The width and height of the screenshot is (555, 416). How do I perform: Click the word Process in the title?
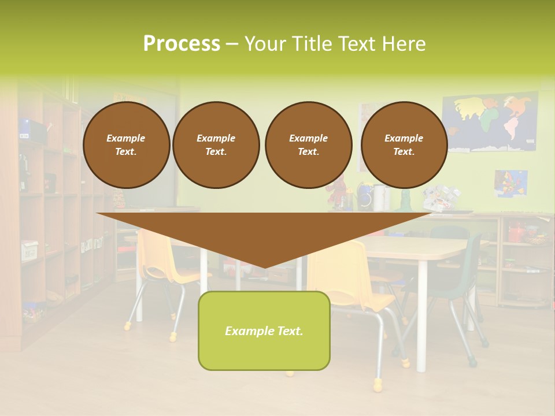tap(182, 43)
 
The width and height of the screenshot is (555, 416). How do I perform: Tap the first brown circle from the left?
tap(126, 145)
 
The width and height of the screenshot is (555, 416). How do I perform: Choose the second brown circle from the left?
tap(216, 145)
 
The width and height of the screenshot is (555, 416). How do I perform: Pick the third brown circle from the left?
tap(308, 145)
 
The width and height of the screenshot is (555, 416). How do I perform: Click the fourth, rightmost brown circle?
tap(404, 145)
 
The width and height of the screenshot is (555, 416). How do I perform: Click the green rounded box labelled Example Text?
tap(264, 330)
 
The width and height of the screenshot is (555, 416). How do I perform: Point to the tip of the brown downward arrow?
tap(264, 266)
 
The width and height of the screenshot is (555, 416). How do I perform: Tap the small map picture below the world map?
tap(510, 183)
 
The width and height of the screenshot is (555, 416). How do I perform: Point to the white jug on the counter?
tap(379, 198)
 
